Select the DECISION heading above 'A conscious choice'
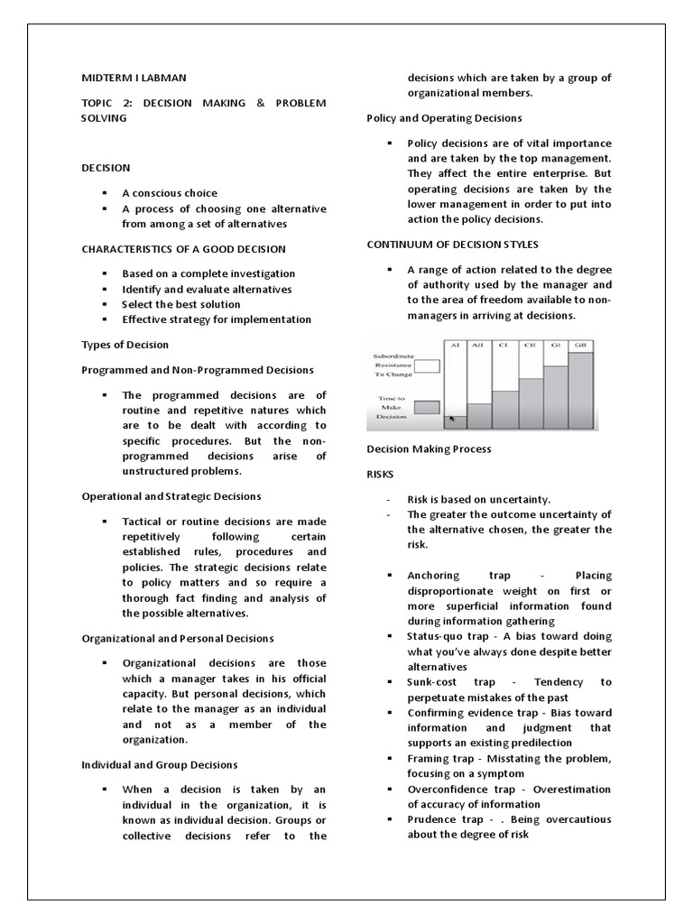(106, 168)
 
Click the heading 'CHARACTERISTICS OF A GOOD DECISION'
(183, 249)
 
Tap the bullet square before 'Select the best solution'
(105, 305)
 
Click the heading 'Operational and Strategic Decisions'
(171, 496)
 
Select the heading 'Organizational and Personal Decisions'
(178, 639)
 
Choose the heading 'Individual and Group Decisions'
(160, 765)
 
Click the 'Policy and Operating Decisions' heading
(444, 118)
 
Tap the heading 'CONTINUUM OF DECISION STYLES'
(453, 245)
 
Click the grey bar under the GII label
(580, 391)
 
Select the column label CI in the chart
(505, 346)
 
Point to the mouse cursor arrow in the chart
(453, 419)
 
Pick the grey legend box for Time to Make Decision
(426, 408)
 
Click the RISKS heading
(380, 473)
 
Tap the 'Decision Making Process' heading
(429, 448)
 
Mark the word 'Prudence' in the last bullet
(431, 819)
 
